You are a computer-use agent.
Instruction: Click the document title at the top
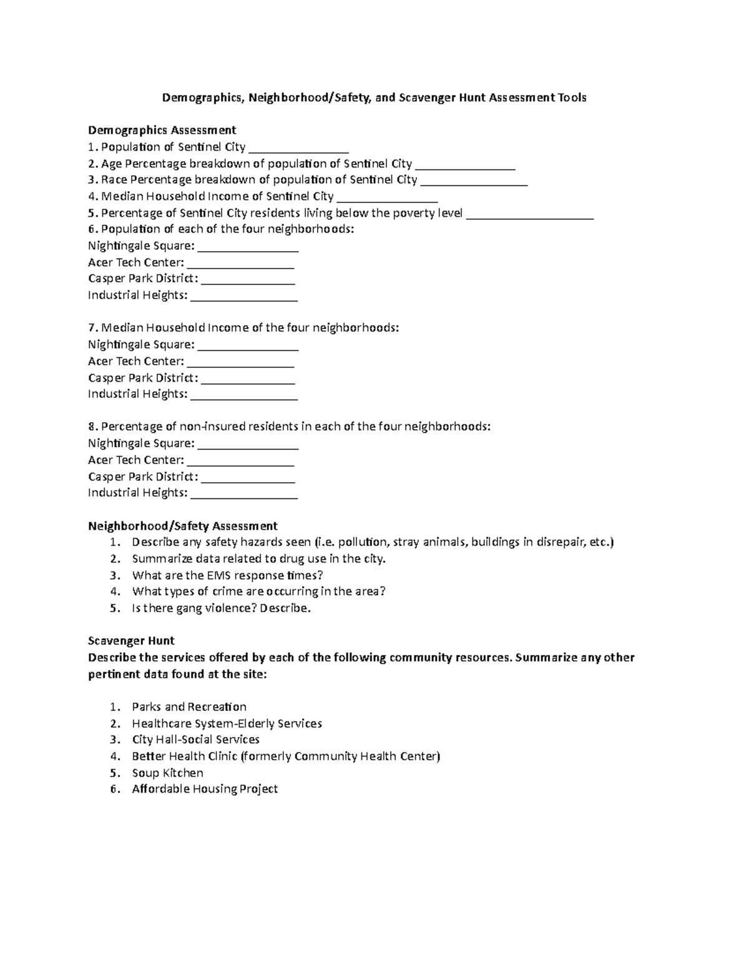(374, 97)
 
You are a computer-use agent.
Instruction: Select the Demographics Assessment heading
(162, 130)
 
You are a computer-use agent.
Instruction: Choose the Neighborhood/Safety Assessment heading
(182, 526)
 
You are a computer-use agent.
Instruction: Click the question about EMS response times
(227, 575)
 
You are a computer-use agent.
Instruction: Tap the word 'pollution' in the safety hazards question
(362, 542)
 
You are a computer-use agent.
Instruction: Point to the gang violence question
(221, 608)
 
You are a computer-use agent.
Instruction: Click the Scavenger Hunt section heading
(131, 641)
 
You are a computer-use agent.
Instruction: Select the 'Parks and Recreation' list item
(189, 707)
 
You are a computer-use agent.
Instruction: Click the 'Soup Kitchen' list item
(167, 773)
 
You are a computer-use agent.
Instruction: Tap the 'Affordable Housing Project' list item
(205, 789)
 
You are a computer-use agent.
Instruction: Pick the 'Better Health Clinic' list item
(286, 756)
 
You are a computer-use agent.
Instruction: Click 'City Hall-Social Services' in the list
(195, 740)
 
